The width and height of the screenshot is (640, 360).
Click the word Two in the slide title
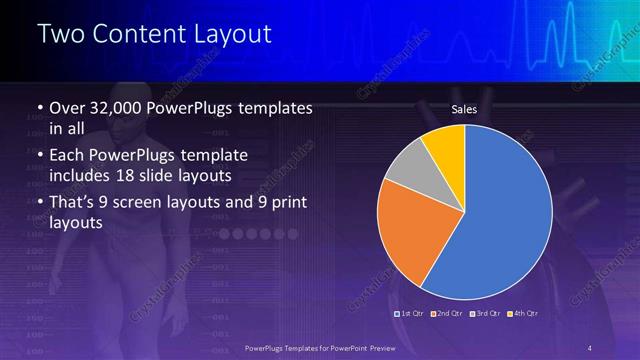pyautogui.click(x=60, y=34)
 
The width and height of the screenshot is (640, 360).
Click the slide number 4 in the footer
pyautogui.click(x=591, y=346)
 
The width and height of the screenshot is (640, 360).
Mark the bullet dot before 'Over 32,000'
pyautogui.click(x=38, y=108)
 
